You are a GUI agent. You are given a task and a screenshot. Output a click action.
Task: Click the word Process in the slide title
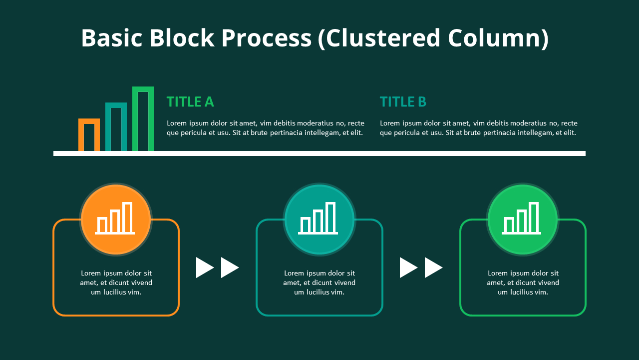[266, 38]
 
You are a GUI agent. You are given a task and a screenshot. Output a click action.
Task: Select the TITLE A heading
[190, 102]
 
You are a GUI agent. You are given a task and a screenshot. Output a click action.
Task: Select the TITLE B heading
[403, 102]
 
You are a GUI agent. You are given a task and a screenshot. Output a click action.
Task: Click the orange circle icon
[115, 219]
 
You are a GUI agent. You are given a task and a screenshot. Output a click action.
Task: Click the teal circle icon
[319, 219]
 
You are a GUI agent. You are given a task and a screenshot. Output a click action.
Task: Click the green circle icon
[522, 219]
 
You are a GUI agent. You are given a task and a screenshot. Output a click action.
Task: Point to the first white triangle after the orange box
[204, 267]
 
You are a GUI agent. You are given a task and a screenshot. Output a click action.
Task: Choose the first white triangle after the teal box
[407, 267]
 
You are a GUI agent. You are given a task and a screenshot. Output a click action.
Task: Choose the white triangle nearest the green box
[432, 267]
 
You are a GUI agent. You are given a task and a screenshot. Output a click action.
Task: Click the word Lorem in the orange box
[91, 273]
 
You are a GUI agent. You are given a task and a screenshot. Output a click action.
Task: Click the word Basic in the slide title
[112, 38]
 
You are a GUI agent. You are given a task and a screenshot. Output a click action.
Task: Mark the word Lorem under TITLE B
[390, 123]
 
